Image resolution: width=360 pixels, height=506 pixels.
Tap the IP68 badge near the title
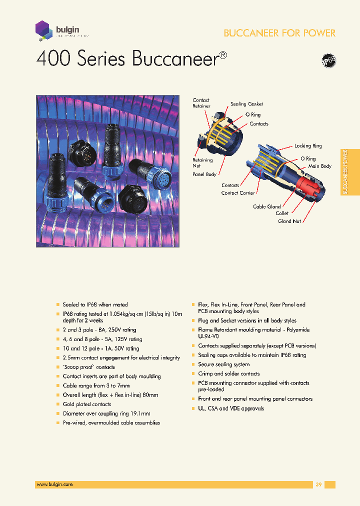click(x=328, y=61)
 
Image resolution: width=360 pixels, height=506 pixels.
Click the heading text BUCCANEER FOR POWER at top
click(x=279, y=33)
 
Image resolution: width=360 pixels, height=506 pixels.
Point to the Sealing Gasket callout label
click(x=246, y=104)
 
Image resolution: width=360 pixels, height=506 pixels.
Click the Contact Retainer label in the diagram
click(x=201, y=103)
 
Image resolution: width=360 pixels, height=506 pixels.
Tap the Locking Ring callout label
click(x=308, y=146)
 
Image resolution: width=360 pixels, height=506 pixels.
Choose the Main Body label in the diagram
click(x=319, y=166)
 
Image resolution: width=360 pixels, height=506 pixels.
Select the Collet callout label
click(x=282, y=213)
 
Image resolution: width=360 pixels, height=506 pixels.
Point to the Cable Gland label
click(x=266, y=206)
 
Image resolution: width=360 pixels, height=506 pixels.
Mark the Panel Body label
click(x=204, y=174)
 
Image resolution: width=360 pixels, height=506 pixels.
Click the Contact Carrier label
click(x=238, y=193)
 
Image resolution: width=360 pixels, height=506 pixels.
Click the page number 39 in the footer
click(x=318, y=484)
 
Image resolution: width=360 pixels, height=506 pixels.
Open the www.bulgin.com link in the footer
click(x=54, y=484)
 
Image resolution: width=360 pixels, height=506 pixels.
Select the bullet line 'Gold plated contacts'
click(x=87, y=404)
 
